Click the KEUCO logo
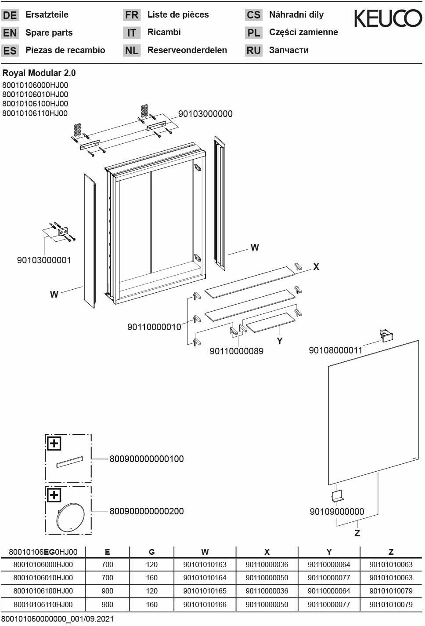click(388, 18)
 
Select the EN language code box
click(10, 33)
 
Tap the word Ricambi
click(164, 32)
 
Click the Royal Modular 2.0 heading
click(39, 73)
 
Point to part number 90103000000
click(205, 114)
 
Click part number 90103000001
click(44, 260)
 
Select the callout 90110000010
click(154, 327)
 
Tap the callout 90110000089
click(236, 351)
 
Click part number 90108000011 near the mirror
click(335, 350)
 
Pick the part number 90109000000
click(337, 512)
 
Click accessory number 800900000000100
click(147, 459)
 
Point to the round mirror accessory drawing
click(68, 517)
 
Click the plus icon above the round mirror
click(54, 495)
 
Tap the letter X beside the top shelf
click(316, 267)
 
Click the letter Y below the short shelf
click(280, 341)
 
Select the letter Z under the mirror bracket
click(357, 533)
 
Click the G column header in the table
click(151, 552)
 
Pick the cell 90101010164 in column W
click(205, 578)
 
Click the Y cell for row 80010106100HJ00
click(328, 591)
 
